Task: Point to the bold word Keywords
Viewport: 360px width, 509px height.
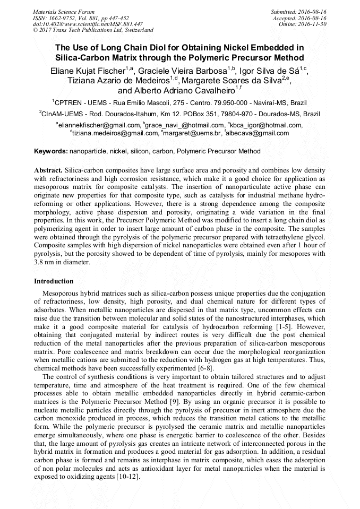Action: click(50, 151)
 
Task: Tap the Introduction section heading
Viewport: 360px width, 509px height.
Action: click(54, 281)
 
